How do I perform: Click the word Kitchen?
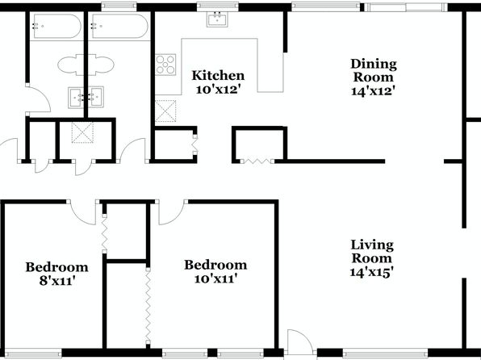click(x=218, y=76)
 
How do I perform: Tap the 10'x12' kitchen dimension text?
click(x=217, y=90)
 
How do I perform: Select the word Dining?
click(x=374, y=65)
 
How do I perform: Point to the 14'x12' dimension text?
click(x=372, y=91)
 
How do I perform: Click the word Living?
click(x=372, y=245)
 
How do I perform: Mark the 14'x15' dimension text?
click(x=372, y=272)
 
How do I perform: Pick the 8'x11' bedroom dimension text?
click(x=57, y=281)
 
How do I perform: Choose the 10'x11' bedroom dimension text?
click(x=216, y=278)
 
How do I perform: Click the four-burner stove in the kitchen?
click(x=165, y=65)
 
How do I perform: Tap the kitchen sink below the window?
click(x=217, y=19)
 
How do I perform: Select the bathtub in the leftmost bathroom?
click(x=56, y=26)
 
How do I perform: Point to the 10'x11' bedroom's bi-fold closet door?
click(x=148, y=306)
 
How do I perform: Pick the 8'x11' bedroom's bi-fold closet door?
click(x=104, y=233)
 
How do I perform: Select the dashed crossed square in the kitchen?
click(x=165, y=111)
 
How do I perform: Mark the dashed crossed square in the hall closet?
click(x=82, y=132)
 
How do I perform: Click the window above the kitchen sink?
click(x=217, y=6)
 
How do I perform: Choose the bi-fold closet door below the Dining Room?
click(x=257, y=161)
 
